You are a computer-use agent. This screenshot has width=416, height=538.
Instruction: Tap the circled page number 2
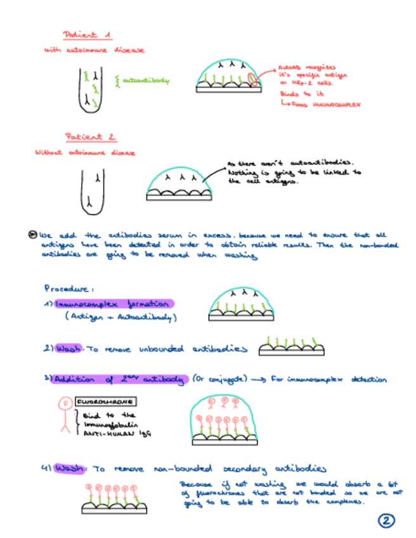pos(386,521)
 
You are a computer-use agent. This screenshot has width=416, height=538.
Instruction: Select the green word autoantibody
pos(147,81)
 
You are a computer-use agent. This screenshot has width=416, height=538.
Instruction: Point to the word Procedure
pos(65,287)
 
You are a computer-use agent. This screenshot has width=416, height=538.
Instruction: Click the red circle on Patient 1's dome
pos(254,79)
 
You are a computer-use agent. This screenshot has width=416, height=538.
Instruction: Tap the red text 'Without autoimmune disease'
pos(85,152)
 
